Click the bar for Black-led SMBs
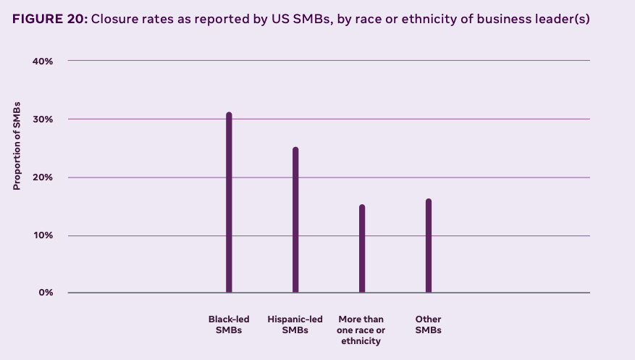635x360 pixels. click(229, 203)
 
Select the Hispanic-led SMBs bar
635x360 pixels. click(295, 220)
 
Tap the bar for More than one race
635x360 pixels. click(362, 249)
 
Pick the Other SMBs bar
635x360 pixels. click(429, 246)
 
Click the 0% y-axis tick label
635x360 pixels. click(46, 293)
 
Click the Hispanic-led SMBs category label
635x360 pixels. click(295, 325)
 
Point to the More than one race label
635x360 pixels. click(361, 330)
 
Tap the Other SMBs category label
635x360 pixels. click(429, 325)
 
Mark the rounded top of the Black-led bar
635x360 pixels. click(229, 114)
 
